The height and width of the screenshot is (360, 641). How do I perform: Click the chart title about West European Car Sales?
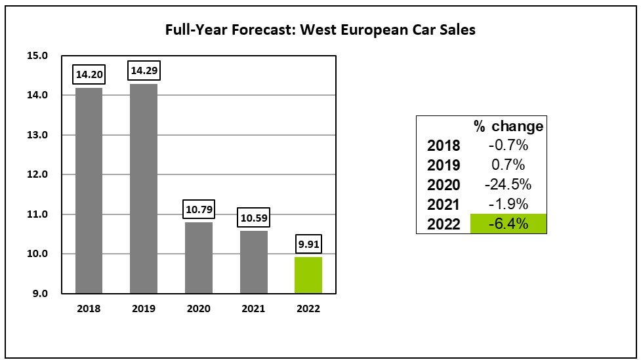pos(320,30)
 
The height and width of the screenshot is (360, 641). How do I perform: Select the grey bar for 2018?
pos(89,190)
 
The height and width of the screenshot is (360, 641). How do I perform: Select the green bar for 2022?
pos(308,275)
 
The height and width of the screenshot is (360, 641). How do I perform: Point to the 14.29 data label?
pos(144,70)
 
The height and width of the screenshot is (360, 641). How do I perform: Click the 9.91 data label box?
pos(308,244)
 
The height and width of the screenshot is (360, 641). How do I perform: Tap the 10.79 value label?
pos(198,210)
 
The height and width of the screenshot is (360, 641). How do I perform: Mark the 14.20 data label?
pos(89,74)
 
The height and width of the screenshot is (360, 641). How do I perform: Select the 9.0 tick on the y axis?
pos(39,294)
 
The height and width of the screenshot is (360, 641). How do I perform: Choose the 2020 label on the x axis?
pos(198,308)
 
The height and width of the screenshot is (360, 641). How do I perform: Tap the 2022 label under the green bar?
pos(308,308)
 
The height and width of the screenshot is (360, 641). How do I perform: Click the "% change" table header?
pos(508,126)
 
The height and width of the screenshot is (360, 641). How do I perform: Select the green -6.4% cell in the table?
pos(508,224)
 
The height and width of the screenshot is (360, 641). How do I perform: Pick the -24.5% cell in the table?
pos(508,184)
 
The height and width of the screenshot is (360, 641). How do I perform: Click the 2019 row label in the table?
pos(444,165)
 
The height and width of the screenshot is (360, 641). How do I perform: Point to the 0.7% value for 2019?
pos(508,165)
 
